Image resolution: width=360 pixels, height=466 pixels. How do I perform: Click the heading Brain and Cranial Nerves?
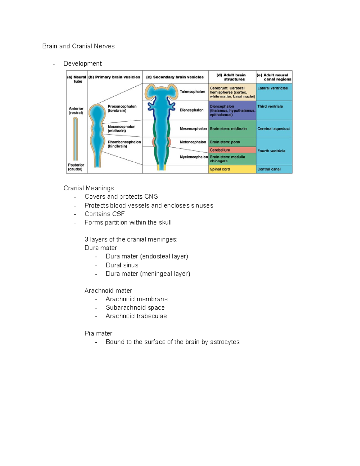(78, 46)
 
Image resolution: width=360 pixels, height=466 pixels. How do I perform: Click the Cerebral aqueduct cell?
(274, 129)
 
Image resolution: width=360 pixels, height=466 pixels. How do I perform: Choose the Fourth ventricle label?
(271, 151)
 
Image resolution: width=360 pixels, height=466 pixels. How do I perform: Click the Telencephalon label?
(192, 92)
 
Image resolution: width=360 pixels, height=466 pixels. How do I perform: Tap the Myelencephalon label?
(193, 157)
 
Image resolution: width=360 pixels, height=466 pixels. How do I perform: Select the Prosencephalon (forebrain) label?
(122, 108)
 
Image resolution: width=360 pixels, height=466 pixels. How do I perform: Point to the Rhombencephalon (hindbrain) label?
(124, 144)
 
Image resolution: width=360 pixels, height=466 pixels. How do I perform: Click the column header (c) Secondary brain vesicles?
(175, 77)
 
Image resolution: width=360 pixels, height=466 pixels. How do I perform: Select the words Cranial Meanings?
(88, 188)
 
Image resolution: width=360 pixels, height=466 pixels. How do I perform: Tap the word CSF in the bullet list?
(119, 214)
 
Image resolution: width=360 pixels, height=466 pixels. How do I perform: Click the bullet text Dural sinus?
(122, 265)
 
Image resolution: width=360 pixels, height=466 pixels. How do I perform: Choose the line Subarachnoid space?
(135, 308)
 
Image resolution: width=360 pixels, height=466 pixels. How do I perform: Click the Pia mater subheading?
(98, 333)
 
